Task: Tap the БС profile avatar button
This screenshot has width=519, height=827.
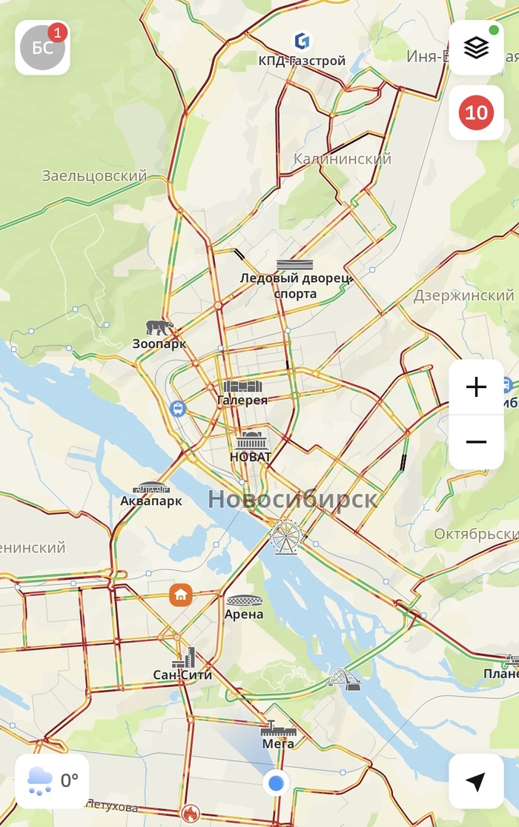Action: (42, 47)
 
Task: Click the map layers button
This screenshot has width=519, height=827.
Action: (476, 47)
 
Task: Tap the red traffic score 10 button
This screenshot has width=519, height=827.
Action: (476, 113)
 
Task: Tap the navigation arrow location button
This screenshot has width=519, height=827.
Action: (476, 781)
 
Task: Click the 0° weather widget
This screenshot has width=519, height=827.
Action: (52, 781)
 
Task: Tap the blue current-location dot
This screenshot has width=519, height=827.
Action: (277, 782)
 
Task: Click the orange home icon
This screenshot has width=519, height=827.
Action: (180, 594)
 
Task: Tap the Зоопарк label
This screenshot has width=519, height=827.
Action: (159, 344)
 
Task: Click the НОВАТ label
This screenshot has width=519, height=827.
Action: (251, 457)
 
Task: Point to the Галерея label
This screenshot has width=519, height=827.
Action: (242, 400)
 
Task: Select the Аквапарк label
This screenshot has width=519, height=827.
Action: (151, 500)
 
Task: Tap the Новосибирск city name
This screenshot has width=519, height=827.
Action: (292, 498)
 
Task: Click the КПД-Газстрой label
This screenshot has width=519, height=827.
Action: (302, 61)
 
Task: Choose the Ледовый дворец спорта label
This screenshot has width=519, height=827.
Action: (295, 286)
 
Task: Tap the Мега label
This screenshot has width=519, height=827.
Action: (278, 743)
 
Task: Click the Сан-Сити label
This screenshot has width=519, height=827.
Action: (182, 674)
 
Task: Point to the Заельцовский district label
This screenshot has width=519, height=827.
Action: (94, 176)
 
